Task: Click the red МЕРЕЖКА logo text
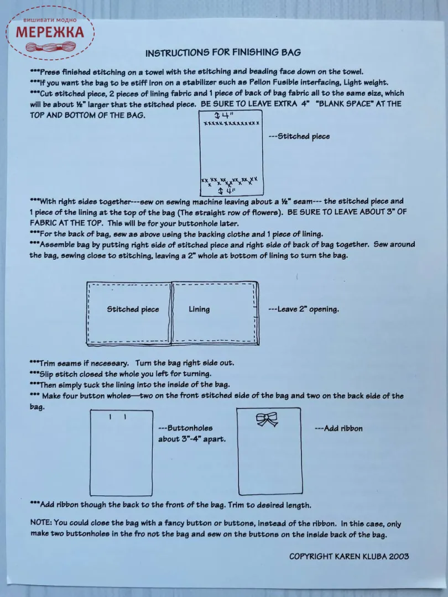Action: click(50, 32)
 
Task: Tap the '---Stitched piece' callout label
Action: click(299, 137)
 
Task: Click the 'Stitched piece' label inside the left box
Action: click(133, 310)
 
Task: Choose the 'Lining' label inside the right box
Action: click(199, 310)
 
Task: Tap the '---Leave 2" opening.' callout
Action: click(303, 310)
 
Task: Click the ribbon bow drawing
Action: click(267, 420)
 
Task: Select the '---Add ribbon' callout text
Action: click(338, 428)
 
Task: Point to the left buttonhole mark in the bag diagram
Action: click(110, 416)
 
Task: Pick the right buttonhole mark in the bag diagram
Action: click(126, 416)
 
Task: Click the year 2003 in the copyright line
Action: click(398, 556)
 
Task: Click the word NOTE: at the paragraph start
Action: click(41, 523)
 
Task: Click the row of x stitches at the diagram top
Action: click(231, 123)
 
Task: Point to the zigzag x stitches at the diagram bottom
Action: click(229, 181)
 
